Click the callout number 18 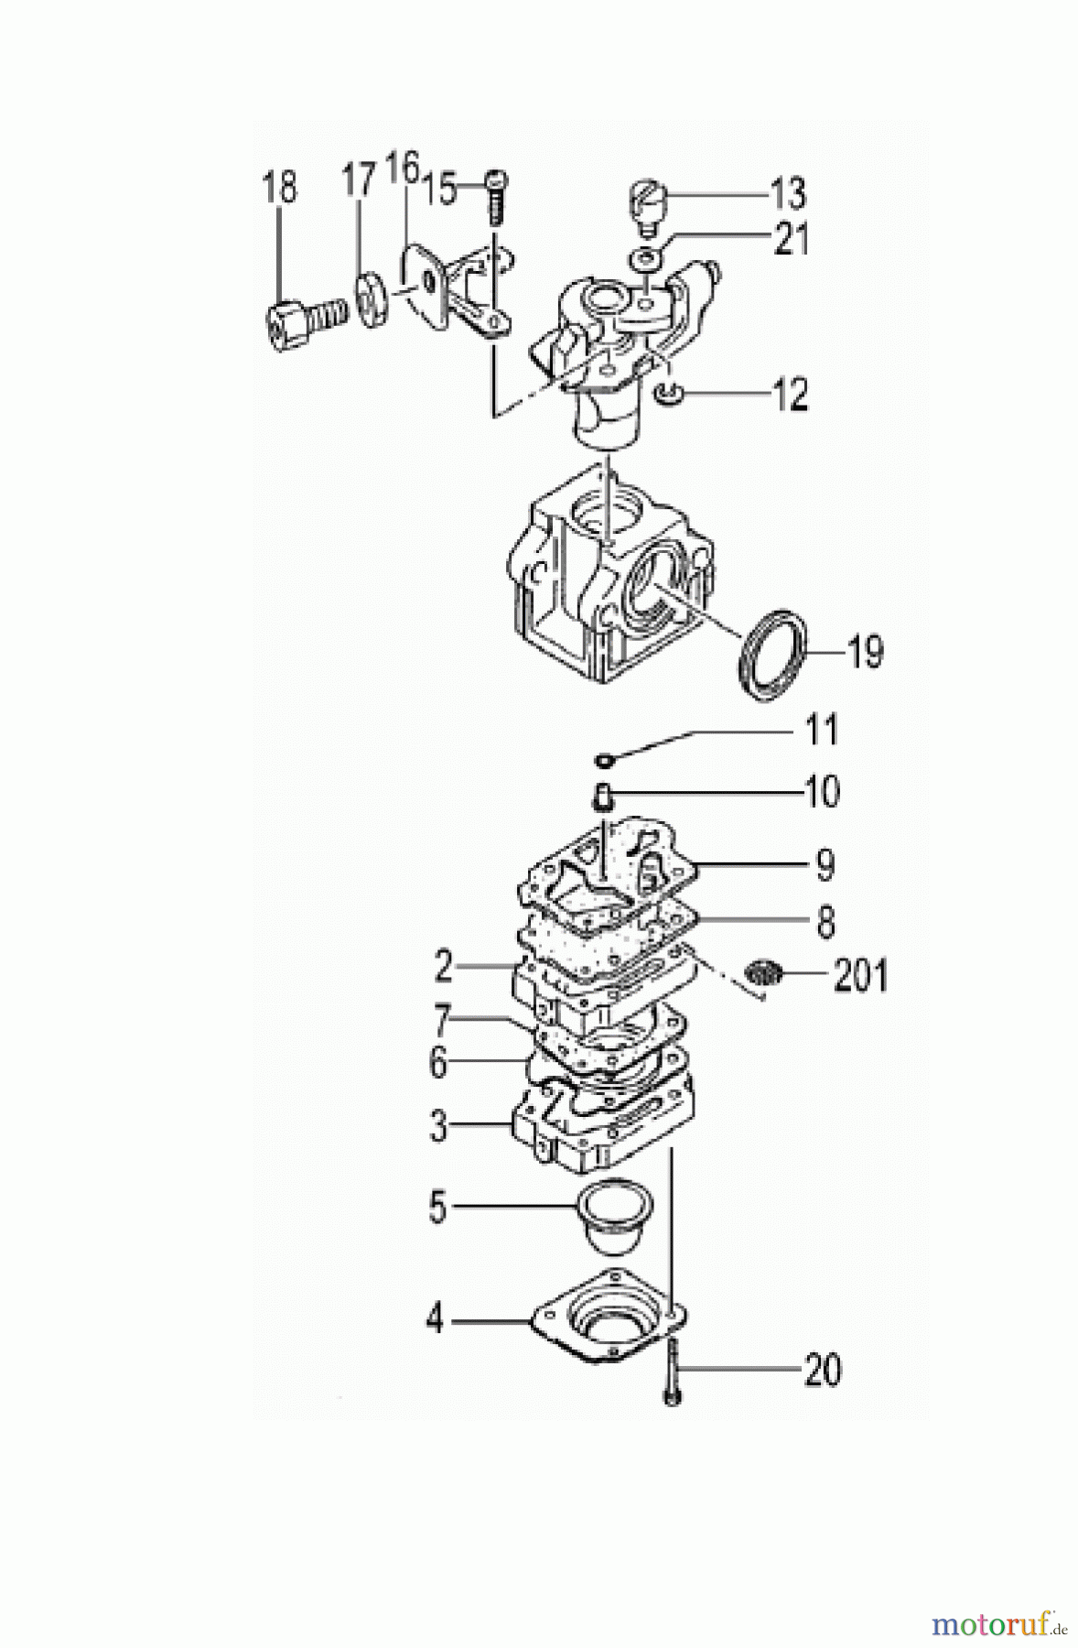[x=280, y=189]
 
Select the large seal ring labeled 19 [x=771, y=656]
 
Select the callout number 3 [x=439, y=1126]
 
